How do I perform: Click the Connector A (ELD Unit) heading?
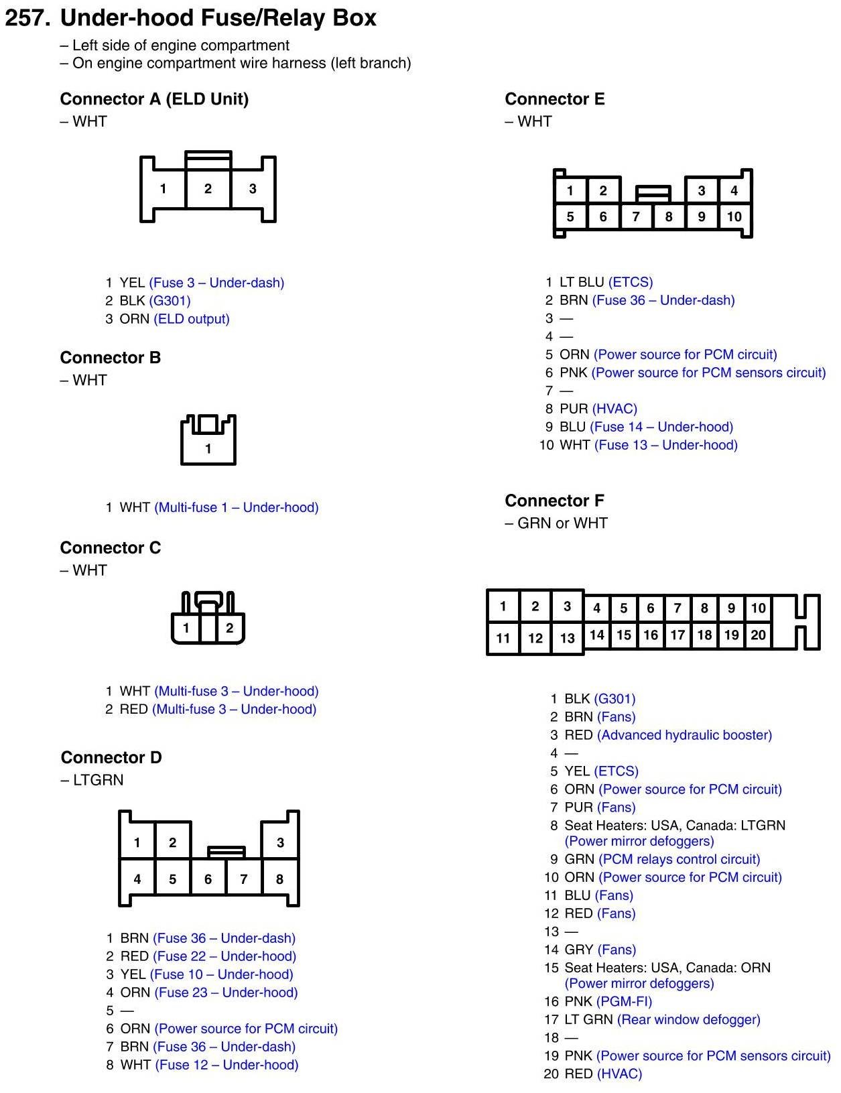154,99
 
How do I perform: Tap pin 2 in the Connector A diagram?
208,189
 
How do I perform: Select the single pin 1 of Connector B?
208,448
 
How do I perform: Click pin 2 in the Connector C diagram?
229,628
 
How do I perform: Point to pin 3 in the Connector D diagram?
280,842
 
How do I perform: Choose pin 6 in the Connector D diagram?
208,879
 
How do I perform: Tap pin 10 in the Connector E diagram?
734,216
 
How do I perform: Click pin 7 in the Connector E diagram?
636,216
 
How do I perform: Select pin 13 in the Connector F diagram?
567,638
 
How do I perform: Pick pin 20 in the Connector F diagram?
758,635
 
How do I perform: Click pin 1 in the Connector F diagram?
503,606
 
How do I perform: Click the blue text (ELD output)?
192,319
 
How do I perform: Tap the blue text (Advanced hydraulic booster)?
684,735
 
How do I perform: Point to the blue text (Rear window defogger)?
688,1019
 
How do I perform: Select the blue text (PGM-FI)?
624,1001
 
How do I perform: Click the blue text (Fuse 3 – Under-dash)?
216,283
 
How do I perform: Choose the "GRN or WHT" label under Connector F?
562,523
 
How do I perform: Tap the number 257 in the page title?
27,18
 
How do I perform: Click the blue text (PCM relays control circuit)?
679,859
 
